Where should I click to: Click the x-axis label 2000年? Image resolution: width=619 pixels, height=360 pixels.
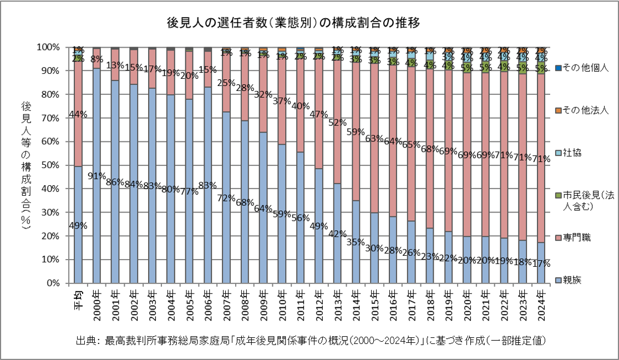tap(97, 302)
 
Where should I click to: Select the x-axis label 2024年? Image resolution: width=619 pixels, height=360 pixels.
tap(541, 302)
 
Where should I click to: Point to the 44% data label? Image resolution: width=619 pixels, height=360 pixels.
tap(78, 114)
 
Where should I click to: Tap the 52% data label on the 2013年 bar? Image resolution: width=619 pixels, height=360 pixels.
tap(337, 123)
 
